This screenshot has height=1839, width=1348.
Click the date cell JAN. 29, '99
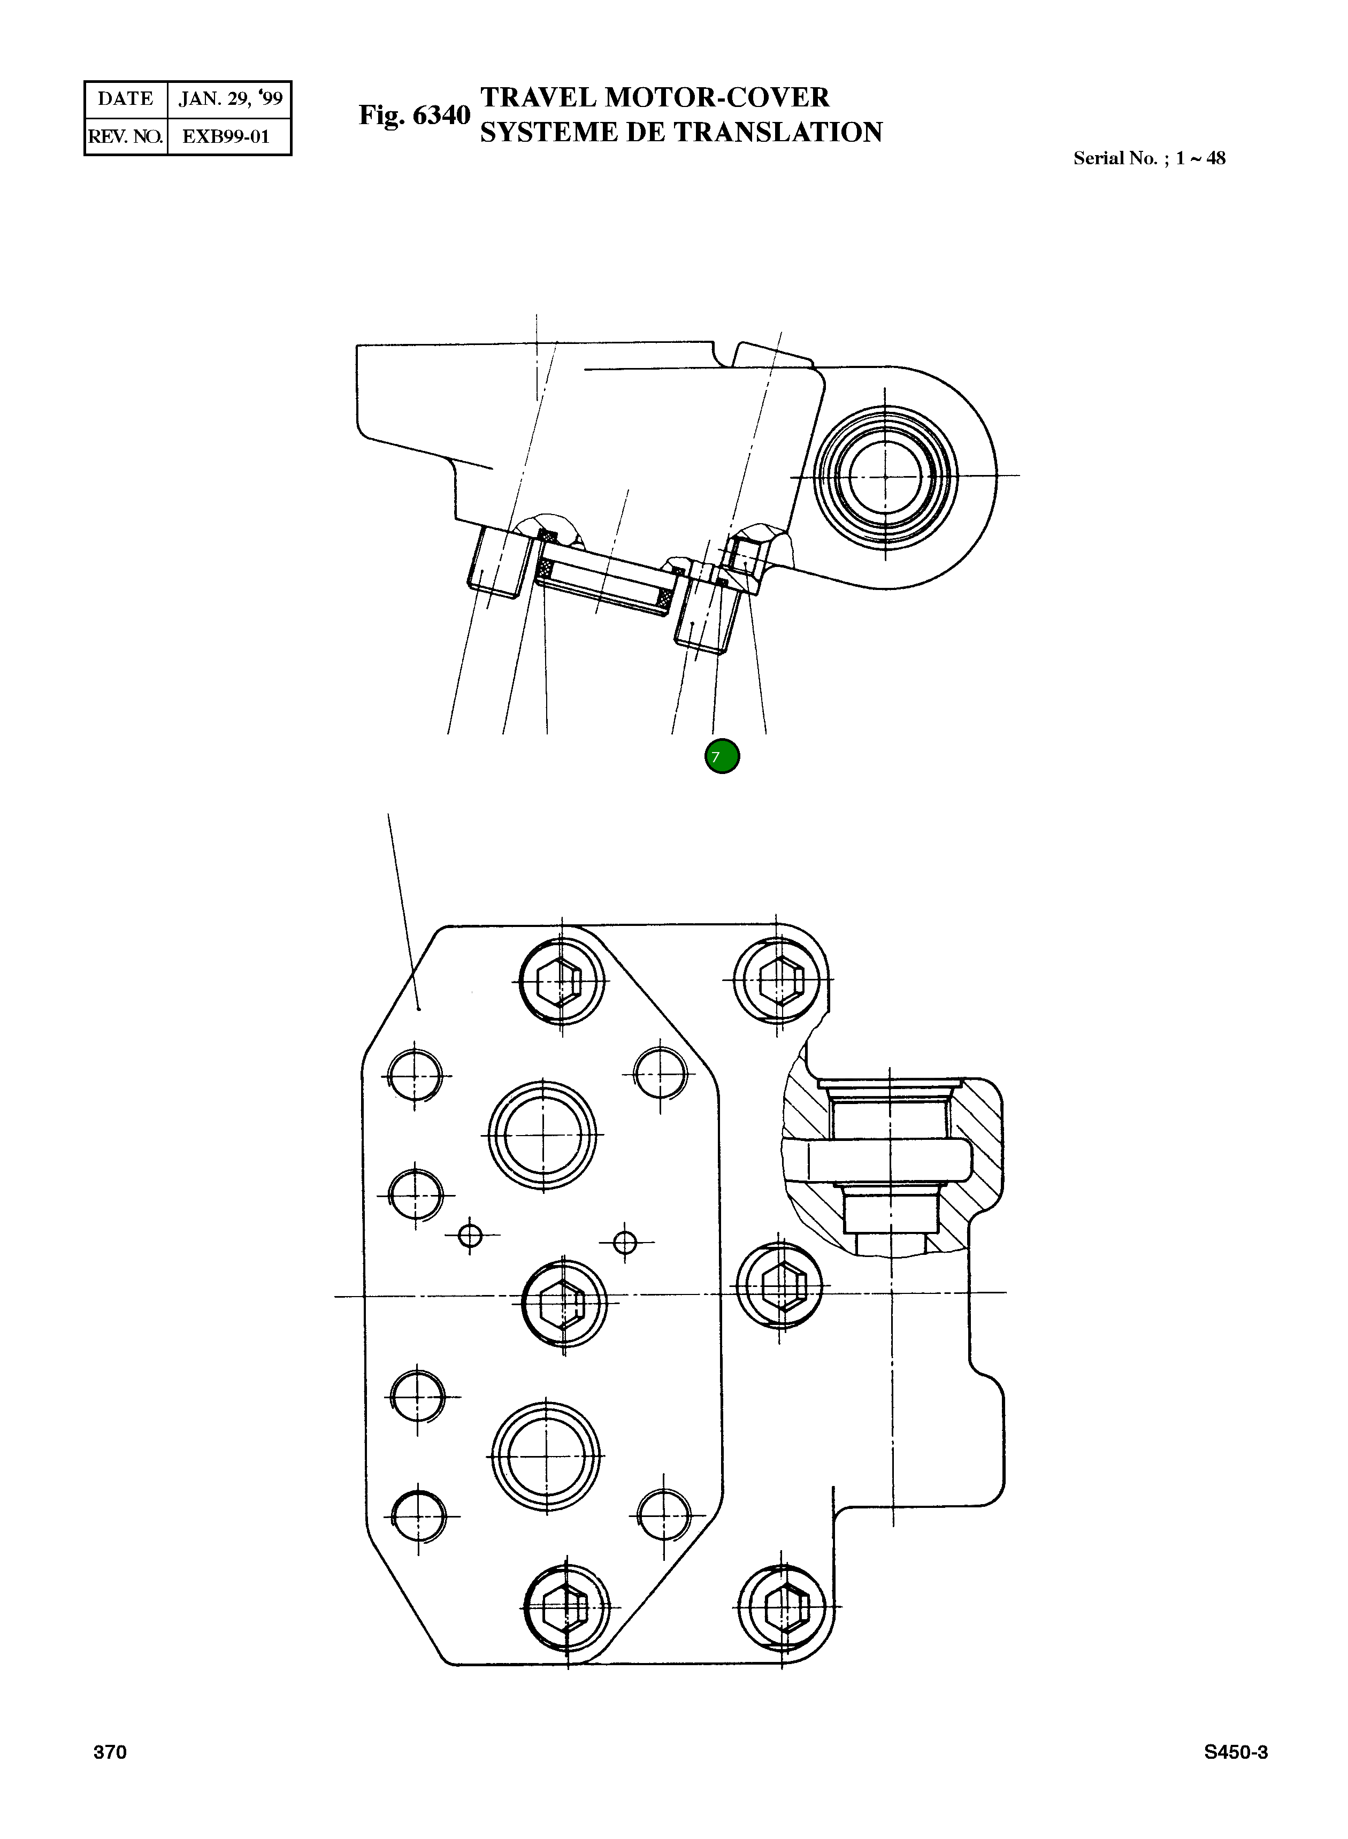pyautogui.click(x=230, y=99)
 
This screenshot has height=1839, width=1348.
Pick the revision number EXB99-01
pyautogui.click(x=226, y=136)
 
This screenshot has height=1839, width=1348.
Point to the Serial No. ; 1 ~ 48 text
pyautogui.click(x=1148, y=158)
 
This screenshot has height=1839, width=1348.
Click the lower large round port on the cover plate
pyautogui.click(x=546, y=1457)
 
